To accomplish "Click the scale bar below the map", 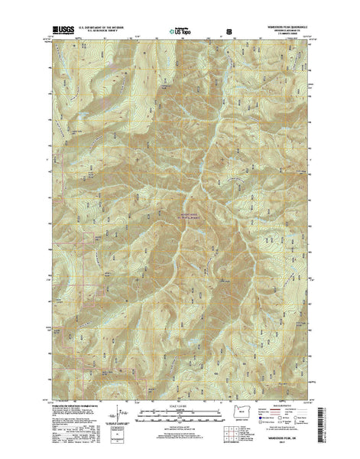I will tap(180, 413).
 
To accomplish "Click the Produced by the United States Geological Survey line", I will tap(76, 404).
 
